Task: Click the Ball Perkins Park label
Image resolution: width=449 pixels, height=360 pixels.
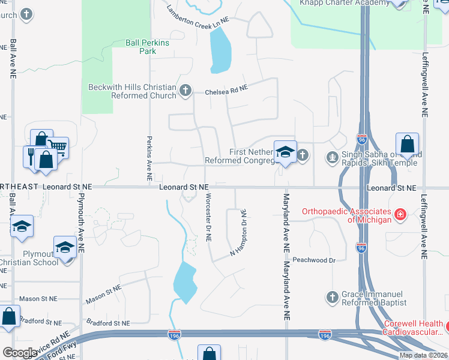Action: click(x=148, y=47)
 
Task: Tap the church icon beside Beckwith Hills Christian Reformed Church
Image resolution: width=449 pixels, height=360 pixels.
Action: click(x=185, y=91)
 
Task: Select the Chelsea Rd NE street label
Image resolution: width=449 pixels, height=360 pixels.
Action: click(x=226, y=91)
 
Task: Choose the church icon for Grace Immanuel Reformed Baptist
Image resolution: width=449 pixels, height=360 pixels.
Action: click(x=332, y=296)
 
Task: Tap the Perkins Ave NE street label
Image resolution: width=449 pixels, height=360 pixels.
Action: click(x=149, y=158)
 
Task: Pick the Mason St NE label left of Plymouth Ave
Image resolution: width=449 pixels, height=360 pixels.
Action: click(x=38, y=298)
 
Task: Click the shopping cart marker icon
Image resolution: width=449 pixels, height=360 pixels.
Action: click(x=56, y=146)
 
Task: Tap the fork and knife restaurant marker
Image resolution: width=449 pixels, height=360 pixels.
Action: click(x=32, y=155)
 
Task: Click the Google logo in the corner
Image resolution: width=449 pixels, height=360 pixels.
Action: click(x=20, y=353)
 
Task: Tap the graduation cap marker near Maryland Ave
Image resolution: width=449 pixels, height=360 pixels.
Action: click(x=286, y=151)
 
